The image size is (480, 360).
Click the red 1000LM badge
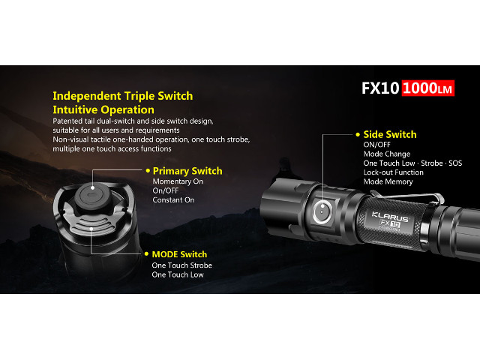point(428,88)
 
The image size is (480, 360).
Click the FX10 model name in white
point(380,88)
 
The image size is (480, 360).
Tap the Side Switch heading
point(390,134)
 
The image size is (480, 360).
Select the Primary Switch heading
point(187,171)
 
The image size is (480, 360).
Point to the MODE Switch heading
point(179,254)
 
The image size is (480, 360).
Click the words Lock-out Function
point(393,172)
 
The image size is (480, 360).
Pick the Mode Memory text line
point(388,181)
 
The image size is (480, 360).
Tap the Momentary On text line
point(178,181)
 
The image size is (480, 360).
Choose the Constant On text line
point(173,200)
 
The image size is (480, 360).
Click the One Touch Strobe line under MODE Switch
point(181,265)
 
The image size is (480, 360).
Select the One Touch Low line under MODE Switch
point(178,274)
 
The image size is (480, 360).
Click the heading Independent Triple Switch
point(123,96)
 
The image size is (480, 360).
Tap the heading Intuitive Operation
point(103,110)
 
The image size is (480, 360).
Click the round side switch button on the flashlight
point(322,211)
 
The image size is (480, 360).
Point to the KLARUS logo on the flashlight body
point(390,217)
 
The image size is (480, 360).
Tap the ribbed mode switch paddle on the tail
point(91,226)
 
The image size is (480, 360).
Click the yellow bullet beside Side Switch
point(358,134)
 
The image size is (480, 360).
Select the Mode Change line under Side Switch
point(387,154)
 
